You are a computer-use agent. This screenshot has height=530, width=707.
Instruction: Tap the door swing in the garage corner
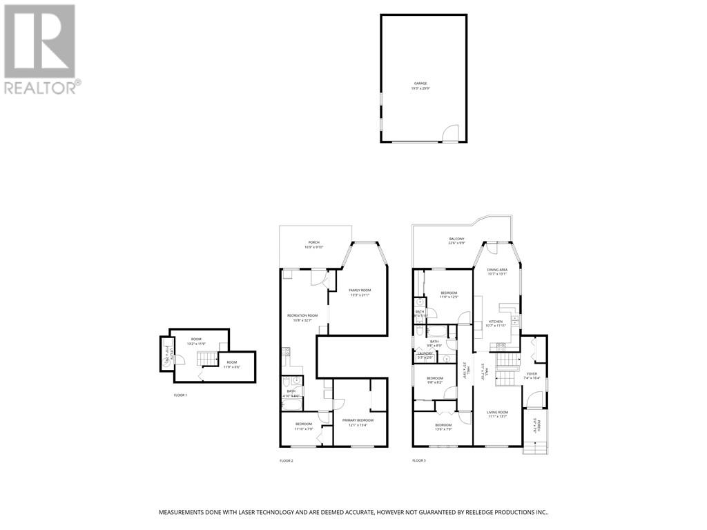[449, 133]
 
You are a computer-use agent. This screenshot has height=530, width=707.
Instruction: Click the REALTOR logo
[40, 49]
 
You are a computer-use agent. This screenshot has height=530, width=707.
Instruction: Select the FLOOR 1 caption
[180, 395]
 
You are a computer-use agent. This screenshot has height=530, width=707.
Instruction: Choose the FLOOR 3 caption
[419, 460]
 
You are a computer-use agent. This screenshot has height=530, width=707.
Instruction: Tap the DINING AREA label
[497, 271]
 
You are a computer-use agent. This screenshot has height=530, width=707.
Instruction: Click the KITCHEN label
[497, 323]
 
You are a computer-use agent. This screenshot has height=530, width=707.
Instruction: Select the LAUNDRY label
[425, 355]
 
